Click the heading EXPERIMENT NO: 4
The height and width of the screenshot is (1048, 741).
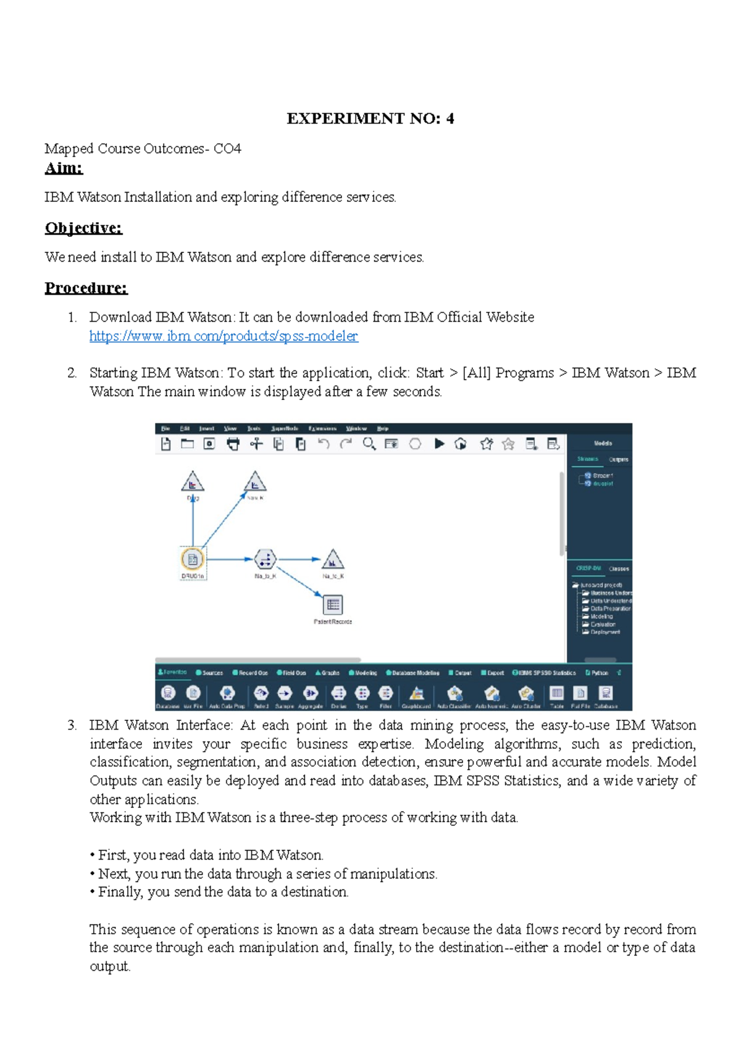pos(370,119)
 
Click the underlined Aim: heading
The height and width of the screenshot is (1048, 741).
pos(64,168)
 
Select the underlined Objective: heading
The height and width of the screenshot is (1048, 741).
pos(83,228)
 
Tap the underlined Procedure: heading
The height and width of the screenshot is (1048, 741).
pos(86,288)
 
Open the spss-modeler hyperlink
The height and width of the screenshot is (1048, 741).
pos(224,336)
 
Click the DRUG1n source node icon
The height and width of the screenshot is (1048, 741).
pos(193,559)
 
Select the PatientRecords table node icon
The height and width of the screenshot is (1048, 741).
pos(333,604)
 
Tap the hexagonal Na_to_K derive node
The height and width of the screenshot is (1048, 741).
pos(266,559)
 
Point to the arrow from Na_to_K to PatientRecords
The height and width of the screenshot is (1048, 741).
pos(300,581)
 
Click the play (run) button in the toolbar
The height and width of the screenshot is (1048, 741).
pos(439,444)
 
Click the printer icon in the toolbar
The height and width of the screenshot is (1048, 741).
pos(233,444)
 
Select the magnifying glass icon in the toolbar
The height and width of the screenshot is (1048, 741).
pos(369,444)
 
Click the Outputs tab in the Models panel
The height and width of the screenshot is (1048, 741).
pos(618,459)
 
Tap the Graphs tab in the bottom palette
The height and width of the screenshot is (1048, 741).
pos(328,673)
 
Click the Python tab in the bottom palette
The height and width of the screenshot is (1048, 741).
pos(597,673)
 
